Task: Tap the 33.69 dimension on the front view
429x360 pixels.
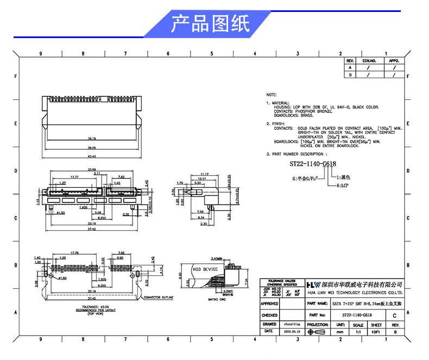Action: pos(92,170)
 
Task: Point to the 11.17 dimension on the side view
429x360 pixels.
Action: pos(205,174)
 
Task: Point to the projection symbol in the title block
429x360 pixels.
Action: pos(318,331)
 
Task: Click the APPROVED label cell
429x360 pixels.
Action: pos(270,304)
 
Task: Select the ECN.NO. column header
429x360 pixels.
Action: pos(369,61)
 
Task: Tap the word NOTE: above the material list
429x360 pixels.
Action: pos(272,94)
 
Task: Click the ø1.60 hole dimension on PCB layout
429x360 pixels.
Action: pos(62,277)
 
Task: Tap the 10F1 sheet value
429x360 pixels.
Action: pos(376,331)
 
